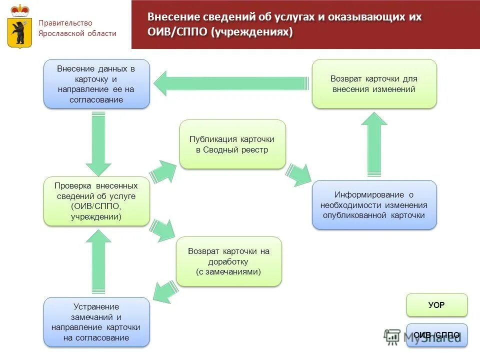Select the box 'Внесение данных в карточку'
[96, 84]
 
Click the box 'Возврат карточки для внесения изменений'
[374, 84]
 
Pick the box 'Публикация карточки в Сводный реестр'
[232, 144]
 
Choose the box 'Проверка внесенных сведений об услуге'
[96, 201]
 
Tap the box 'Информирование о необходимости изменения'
[374, 205]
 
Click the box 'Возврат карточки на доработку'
[228, 261]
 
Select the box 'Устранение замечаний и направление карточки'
[96, 322]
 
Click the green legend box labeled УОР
[436, 305]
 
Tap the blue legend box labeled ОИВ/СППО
[436, 335]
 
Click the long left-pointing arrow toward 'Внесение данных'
[230, 83]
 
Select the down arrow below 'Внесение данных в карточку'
[98, 143]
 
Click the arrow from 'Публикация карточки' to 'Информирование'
[298, 175]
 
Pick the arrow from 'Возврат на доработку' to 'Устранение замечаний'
[163, 292]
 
